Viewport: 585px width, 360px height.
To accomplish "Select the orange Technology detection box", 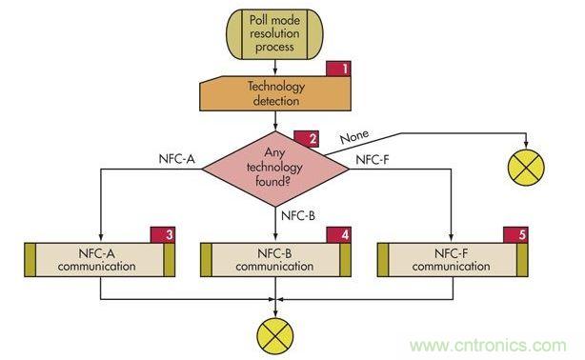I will click(274, 94).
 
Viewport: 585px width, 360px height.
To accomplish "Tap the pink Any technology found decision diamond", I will click(274, 160).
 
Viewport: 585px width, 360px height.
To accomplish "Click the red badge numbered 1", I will click(339, 69).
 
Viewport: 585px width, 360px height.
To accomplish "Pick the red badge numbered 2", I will click(306, 138).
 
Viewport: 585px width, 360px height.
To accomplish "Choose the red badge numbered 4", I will click(339, 234).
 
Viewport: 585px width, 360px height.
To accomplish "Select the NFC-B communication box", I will click(274, 260).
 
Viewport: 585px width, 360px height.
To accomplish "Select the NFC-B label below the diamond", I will click(298, 215).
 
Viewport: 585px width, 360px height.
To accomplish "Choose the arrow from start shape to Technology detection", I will click(274, 66).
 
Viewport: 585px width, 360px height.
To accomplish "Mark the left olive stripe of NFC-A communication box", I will click(30, 260).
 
